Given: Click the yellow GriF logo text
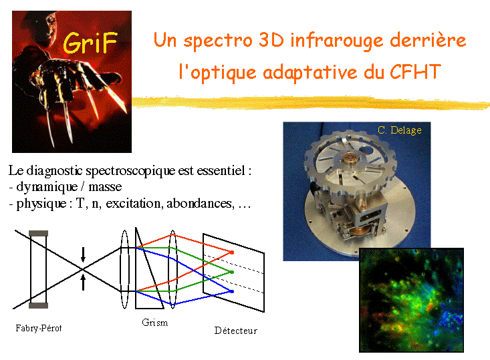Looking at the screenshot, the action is [x=90, y=43].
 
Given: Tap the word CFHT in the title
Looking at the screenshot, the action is [x=415, y=71].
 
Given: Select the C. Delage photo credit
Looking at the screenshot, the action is [x=399, y=130].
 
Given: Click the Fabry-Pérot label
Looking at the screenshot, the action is [x=39, y=328].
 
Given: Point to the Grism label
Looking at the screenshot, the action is [x=154, y=323].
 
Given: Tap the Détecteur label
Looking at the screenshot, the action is [x=235, y=331].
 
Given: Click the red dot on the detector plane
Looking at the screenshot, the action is [x=232, y=252].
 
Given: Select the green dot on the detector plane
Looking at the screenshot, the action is [x=232, y=273].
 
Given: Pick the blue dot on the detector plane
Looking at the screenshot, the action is [x=232, y=292].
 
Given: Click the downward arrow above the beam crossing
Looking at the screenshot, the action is [x=83, y=254].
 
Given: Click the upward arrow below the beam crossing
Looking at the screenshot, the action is [x=83, y=283].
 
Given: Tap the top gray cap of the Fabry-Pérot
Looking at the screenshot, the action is [x=38, y=233].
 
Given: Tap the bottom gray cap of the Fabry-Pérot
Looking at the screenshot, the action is [x=38, y=305].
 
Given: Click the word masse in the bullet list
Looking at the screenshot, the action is [x=105, y=187].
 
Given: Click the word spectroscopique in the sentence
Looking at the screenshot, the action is [x=130, y=171].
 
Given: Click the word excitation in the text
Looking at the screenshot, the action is [x=134, y=204].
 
